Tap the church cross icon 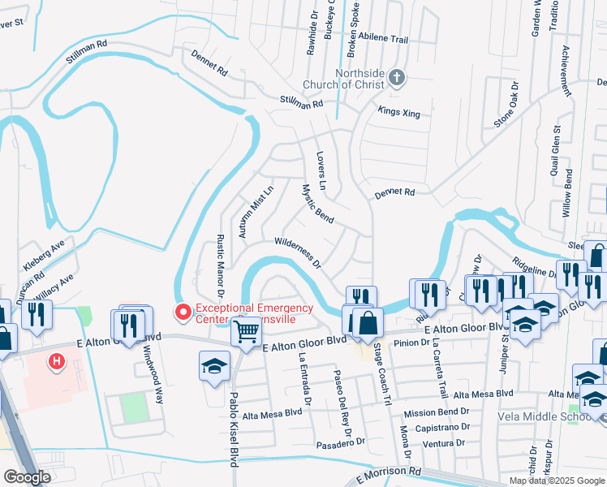click(x=396, y=78)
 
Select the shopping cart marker click(x=246, y=330)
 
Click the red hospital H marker click(x=56, y=361)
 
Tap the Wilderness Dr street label click(x=299, y=252)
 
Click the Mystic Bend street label click(x=317, y=204)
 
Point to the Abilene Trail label click(x=385, y=39)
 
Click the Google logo click(x=27, y=477)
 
